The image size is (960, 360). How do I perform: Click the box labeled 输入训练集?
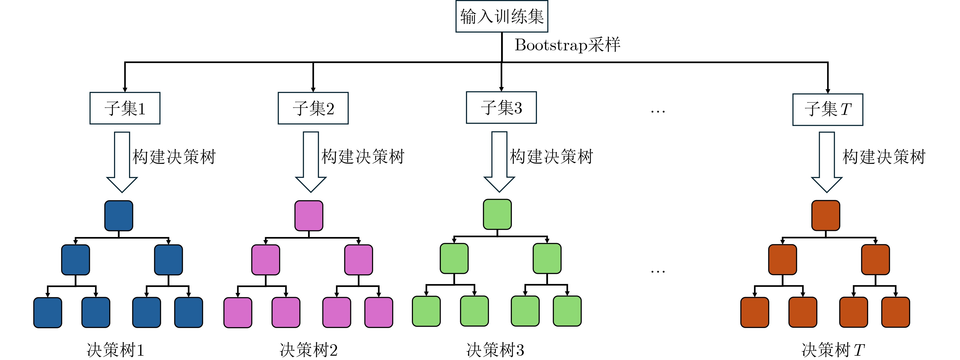coord(502,17)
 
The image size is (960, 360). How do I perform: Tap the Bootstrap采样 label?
coord(567,45)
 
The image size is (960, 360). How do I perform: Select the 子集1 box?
coord(125,108)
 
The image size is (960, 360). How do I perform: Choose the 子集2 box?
coord(313,108)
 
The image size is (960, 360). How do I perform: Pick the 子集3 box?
coord(501,107)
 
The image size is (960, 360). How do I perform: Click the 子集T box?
coord(828,109)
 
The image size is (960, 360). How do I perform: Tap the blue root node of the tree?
coord(119,216)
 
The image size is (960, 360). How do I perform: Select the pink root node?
coord(309,216)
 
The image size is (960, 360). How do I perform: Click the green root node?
coord(497,214)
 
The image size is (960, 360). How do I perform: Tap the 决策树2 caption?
coord(309,350)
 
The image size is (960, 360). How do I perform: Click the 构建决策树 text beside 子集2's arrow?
coord(363,156)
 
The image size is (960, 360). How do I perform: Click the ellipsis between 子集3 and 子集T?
coord(658,111)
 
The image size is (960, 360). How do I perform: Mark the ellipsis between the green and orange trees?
coord(658,272)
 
